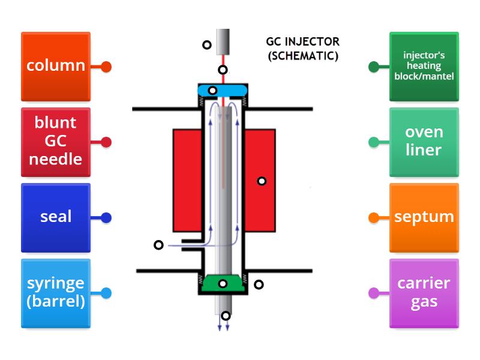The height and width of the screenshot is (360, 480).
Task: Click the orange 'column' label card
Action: (x=55, y=66)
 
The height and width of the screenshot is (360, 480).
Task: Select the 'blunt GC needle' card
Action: (x=55, y=142)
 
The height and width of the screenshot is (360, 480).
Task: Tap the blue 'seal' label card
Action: (x=55, y=217)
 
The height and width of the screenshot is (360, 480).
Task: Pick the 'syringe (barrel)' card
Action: (x=55, y=293)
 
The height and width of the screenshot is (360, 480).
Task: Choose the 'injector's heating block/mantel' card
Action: (x=424, y=66)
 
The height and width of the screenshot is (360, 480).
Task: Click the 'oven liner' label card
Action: (x=424, y=142)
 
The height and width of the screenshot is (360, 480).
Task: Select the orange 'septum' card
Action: (x=424, y=217)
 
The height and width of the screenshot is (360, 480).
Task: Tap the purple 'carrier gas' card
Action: (x=424, y=293)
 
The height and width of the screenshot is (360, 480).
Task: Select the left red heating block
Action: (x=187, y=180)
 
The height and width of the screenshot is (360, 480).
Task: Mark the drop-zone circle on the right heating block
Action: (x=262, y=181)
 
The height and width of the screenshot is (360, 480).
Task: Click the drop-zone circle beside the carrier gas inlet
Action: (x=158, y=245)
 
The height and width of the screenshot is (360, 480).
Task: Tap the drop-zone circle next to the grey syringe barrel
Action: (x=206, y=44)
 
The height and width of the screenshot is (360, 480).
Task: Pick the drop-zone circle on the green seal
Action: (x=223, y=284)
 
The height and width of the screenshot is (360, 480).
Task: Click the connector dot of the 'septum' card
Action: (x=373, y=218)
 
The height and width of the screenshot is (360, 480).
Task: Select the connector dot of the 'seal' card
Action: (x=106, y=218)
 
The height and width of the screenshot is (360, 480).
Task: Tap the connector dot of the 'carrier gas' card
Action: (x=373, y=293)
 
